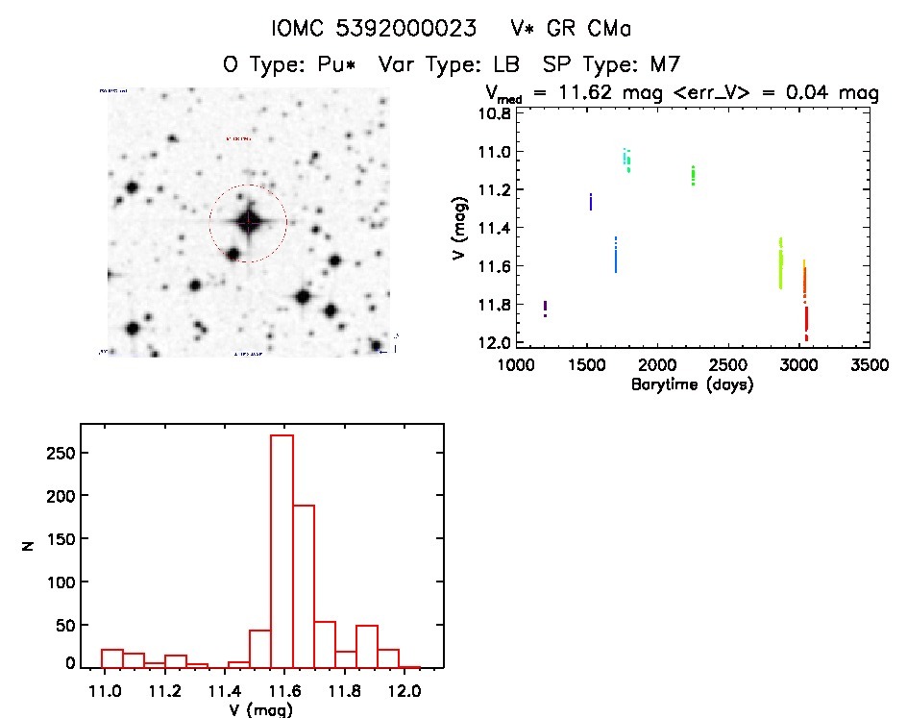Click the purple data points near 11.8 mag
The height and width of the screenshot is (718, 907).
point(545,309)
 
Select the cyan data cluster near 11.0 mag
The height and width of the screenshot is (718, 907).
point(626,160)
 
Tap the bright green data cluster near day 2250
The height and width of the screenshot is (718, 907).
point(693,175)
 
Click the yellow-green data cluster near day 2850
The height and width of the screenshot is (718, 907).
point(780,264)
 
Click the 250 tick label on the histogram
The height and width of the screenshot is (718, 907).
point(61,453)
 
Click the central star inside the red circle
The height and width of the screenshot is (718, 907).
point(248,222)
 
